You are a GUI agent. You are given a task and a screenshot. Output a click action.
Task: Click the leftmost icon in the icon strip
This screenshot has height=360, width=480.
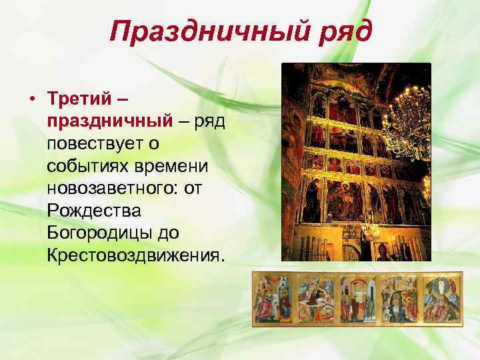[275, 299]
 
